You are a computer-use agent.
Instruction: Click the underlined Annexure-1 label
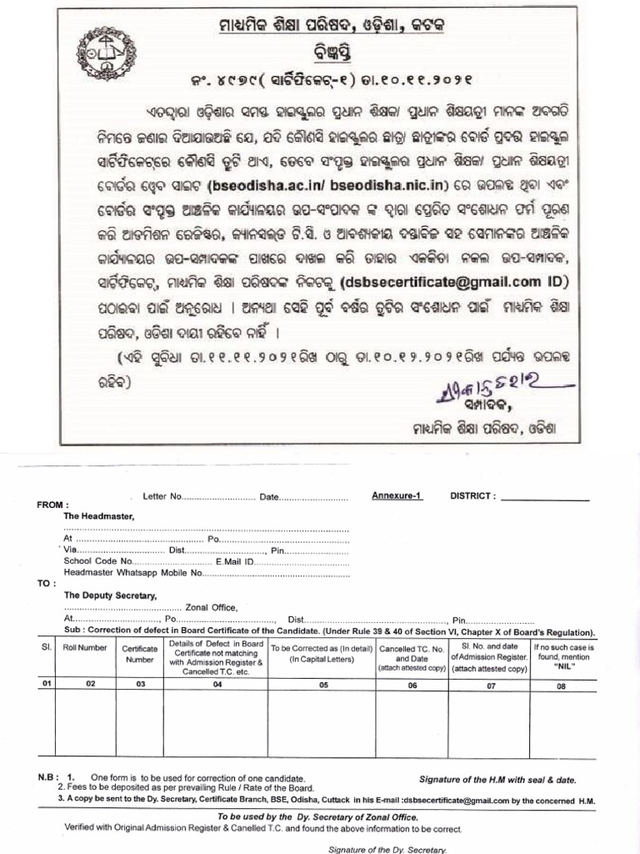tap(397, 495)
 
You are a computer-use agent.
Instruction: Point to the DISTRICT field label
tap(473, 495)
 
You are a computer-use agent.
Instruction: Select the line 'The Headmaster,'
tap(98, 516)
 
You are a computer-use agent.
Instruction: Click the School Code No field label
tap(97, 562)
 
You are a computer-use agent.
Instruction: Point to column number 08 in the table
tap(561, 686)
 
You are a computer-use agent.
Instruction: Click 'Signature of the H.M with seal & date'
tap(497, 780)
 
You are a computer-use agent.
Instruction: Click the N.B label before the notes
tap(46, 776)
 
